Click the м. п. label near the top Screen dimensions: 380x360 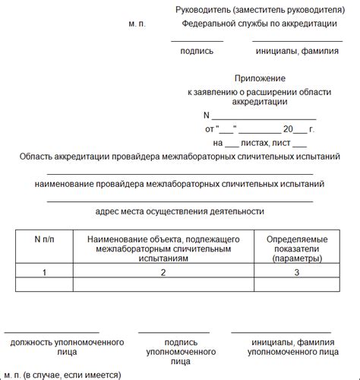click(x=138, y=24)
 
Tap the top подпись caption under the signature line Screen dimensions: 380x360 click(x=197, y=52)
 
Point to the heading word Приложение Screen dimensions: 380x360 click(x=260, y=78)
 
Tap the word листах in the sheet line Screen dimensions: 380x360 click(x=256, y=142)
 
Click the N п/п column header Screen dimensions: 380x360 click(x=46, y=239)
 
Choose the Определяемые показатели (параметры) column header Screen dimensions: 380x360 click(x=295, y=249)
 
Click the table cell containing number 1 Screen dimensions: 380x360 click(x=45, y=271)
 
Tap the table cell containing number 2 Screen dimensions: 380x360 click(x=163, y=271)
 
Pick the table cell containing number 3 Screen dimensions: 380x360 click(x=295, y=271)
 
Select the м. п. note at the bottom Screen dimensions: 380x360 click(x=13, y=375)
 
